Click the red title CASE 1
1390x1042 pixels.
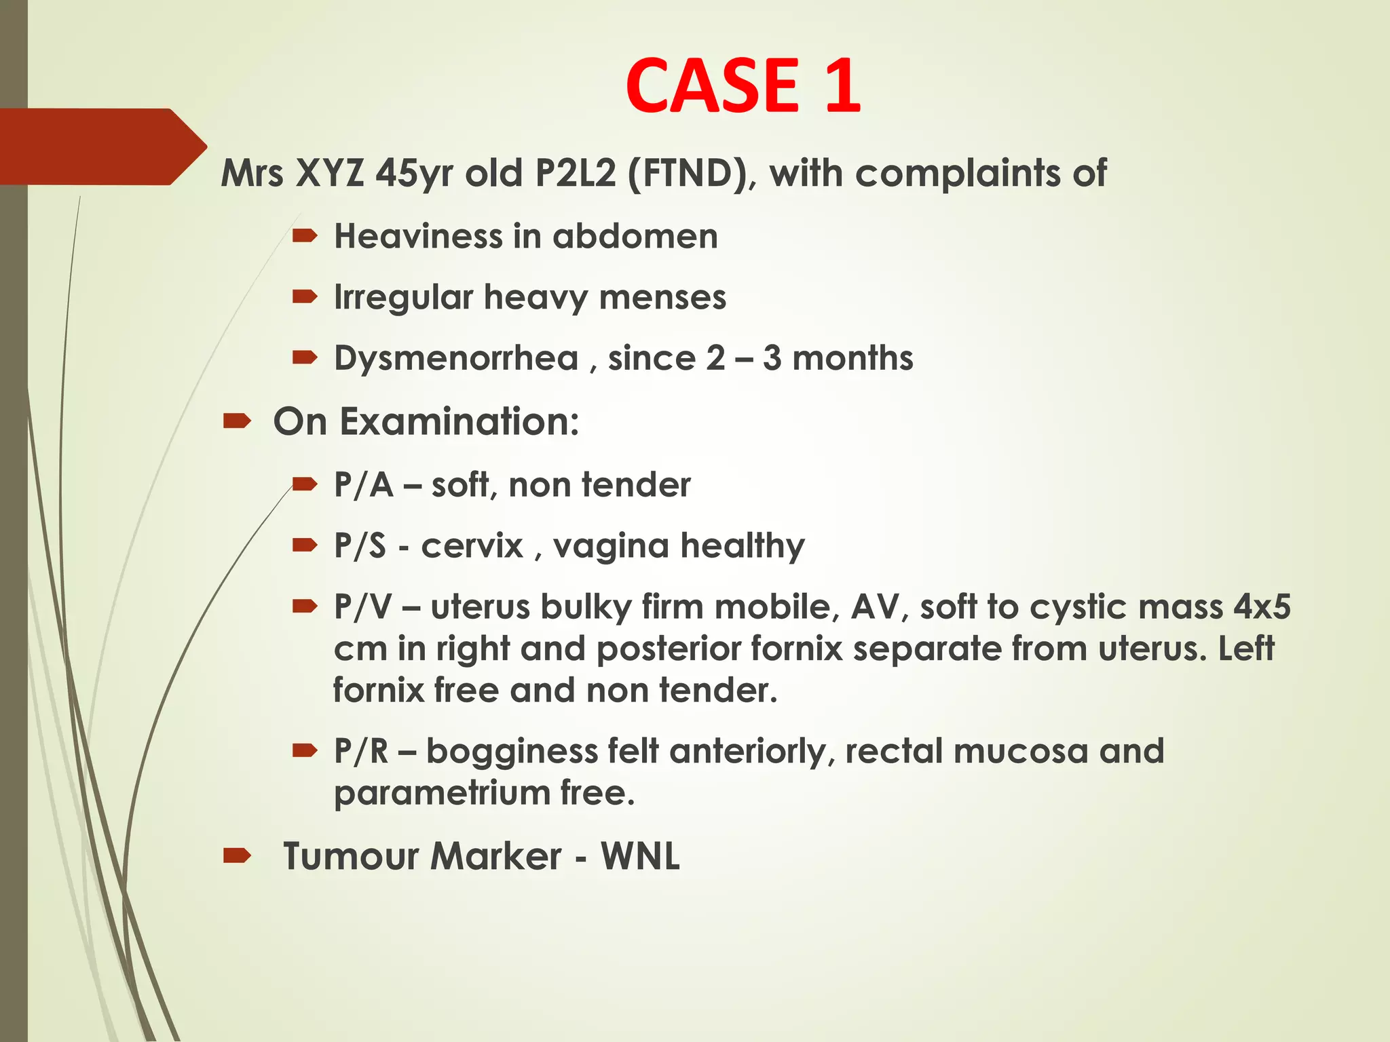743,85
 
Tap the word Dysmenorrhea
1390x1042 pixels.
456,358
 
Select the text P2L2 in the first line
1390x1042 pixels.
575,174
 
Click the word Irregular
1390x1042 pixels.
403,298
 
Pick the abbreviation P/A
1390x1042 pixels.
363,486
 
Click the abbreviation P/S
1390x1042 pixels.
360,546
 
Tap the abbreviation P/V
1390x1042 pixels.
362,606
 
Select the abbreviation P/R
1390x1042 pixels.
361,752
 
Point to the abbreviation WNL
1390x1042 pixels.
639,856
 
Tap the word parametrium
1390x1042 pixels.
441,793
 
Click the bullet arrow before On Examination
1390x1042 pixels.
237,423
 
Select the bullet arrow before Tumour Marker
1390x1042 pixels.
237,856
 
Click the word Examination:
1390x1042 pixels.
459,422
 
